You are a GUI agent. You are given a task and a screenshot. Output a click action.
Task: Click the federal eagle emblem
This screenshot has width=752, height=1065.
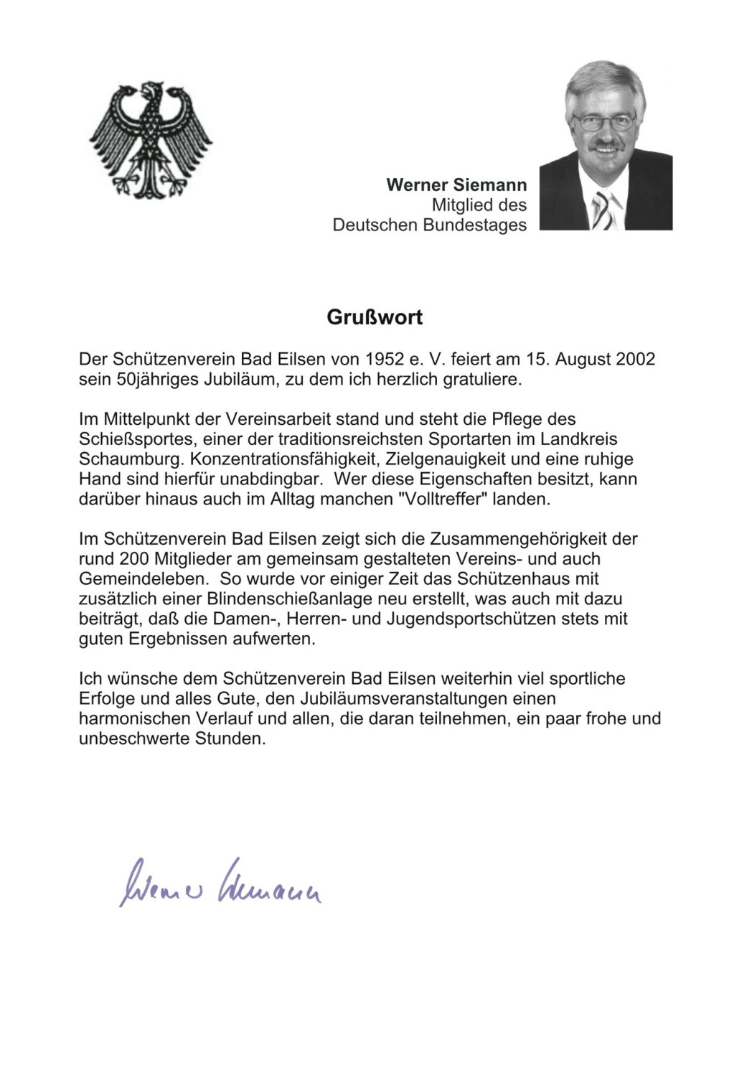[151, 139]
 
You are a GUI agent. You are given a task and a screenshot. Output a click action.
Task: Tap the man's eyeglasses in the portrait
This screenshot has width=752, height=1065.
[606, 120]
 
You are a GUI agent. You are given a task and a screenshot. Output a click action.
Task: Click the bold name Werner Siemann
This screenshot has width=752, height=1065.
[456, 185]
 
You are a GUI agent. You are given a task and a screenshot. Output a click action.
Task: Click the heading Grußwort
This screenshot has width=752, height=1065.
[375, 317]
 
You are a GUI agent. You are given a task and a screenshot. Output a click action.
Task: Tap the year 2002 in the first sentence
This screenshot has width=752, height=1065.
[636, 359]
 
